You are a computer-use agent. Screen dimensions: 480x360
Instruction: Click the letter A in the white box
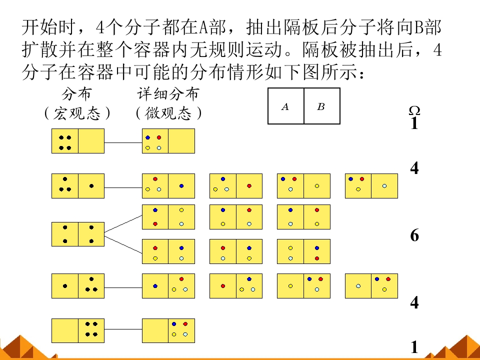(285, 106)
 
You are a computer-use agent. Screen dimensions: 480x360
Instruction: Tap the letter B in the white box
(321, 106)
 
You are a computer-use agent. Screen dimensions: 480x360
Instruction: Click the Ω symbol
(414, 110)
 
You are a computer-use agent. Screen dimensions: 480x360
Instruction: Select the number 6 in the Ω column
(414, 235)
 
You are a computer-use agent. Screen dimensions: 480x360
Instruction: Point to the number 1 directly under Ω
(414, 123)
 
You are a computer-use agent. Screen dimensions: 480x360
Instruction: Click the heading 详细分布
(168, 94)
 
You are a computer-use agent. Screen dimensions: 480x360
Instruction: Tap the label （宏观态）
(77, 113)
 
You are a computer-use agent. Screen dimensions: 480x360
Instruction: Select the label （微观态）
(168, 113)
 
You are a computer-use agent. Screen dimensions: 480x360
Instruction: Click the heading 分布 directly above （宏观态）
(76, 94)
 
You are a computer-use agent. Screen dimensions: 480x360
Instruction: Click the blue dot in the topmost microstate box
(148, 138)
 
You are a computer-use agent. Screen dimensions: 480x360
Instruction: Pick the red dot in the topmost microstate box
(159, 138)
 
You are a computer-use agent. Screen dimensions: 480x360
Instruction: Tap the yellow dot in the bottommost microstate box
(174, 334)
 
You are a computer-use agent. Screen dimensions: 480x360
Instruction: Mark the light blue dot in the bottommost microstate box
(185, 334)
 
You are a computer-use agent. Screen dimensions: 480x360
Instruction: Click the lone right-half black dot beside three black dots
(91, 186)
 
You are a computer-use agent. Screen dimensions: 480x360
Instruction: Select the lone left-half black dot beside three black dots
(65, 286)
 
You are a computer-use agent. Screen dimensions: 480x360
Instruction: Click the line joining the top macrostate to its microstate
(123, 142)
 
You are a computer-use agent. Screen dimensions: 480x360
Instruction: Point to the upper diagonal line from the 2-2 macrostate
(123, 224)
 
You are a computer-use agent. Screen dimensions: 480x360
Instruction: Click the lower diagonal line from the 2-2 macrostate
(123, 244)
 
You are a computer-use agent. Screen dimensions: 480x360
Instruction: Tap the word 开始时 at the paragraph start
(48, 27)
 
